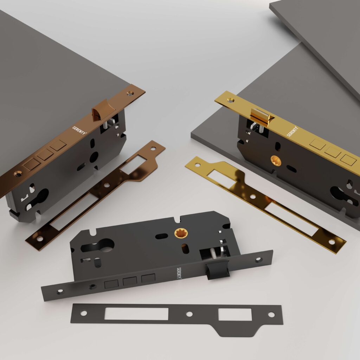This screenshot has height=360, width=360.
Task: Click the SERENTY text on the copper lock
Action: click(79, 130)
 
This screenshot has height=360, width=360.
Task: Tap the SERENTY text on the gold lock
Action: click(292, 131)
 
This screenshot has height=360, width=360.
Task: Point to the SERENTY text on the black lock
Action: click(179, 273)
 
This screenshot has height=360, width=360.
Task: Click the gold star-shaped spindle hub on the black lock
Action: click(181, 233)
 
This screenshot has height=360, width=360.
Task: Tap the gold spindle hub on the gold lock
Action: click(276, 161)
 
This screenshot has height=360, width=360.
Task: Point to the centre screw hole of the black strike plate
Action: click(189, 314)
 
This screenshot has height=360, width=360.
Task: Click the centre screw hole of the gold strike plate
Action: click(253, 197)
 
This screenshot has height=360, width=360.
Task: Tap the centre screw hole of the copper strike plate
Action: click(107, 185)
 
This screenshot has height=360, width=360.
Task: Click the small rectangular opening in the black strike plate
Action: click(235, 314)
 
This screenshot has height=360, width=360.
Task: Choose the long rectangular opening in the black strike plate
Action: click(136, 314)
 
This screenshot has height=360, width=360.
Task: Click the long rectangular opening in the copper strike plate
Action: click(74, 211)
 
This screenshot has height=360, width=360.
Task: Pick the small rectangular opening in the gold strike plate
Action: click(222, 178)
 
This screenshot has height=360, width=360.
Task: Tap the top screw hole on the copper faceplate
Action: click(130, 93)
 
